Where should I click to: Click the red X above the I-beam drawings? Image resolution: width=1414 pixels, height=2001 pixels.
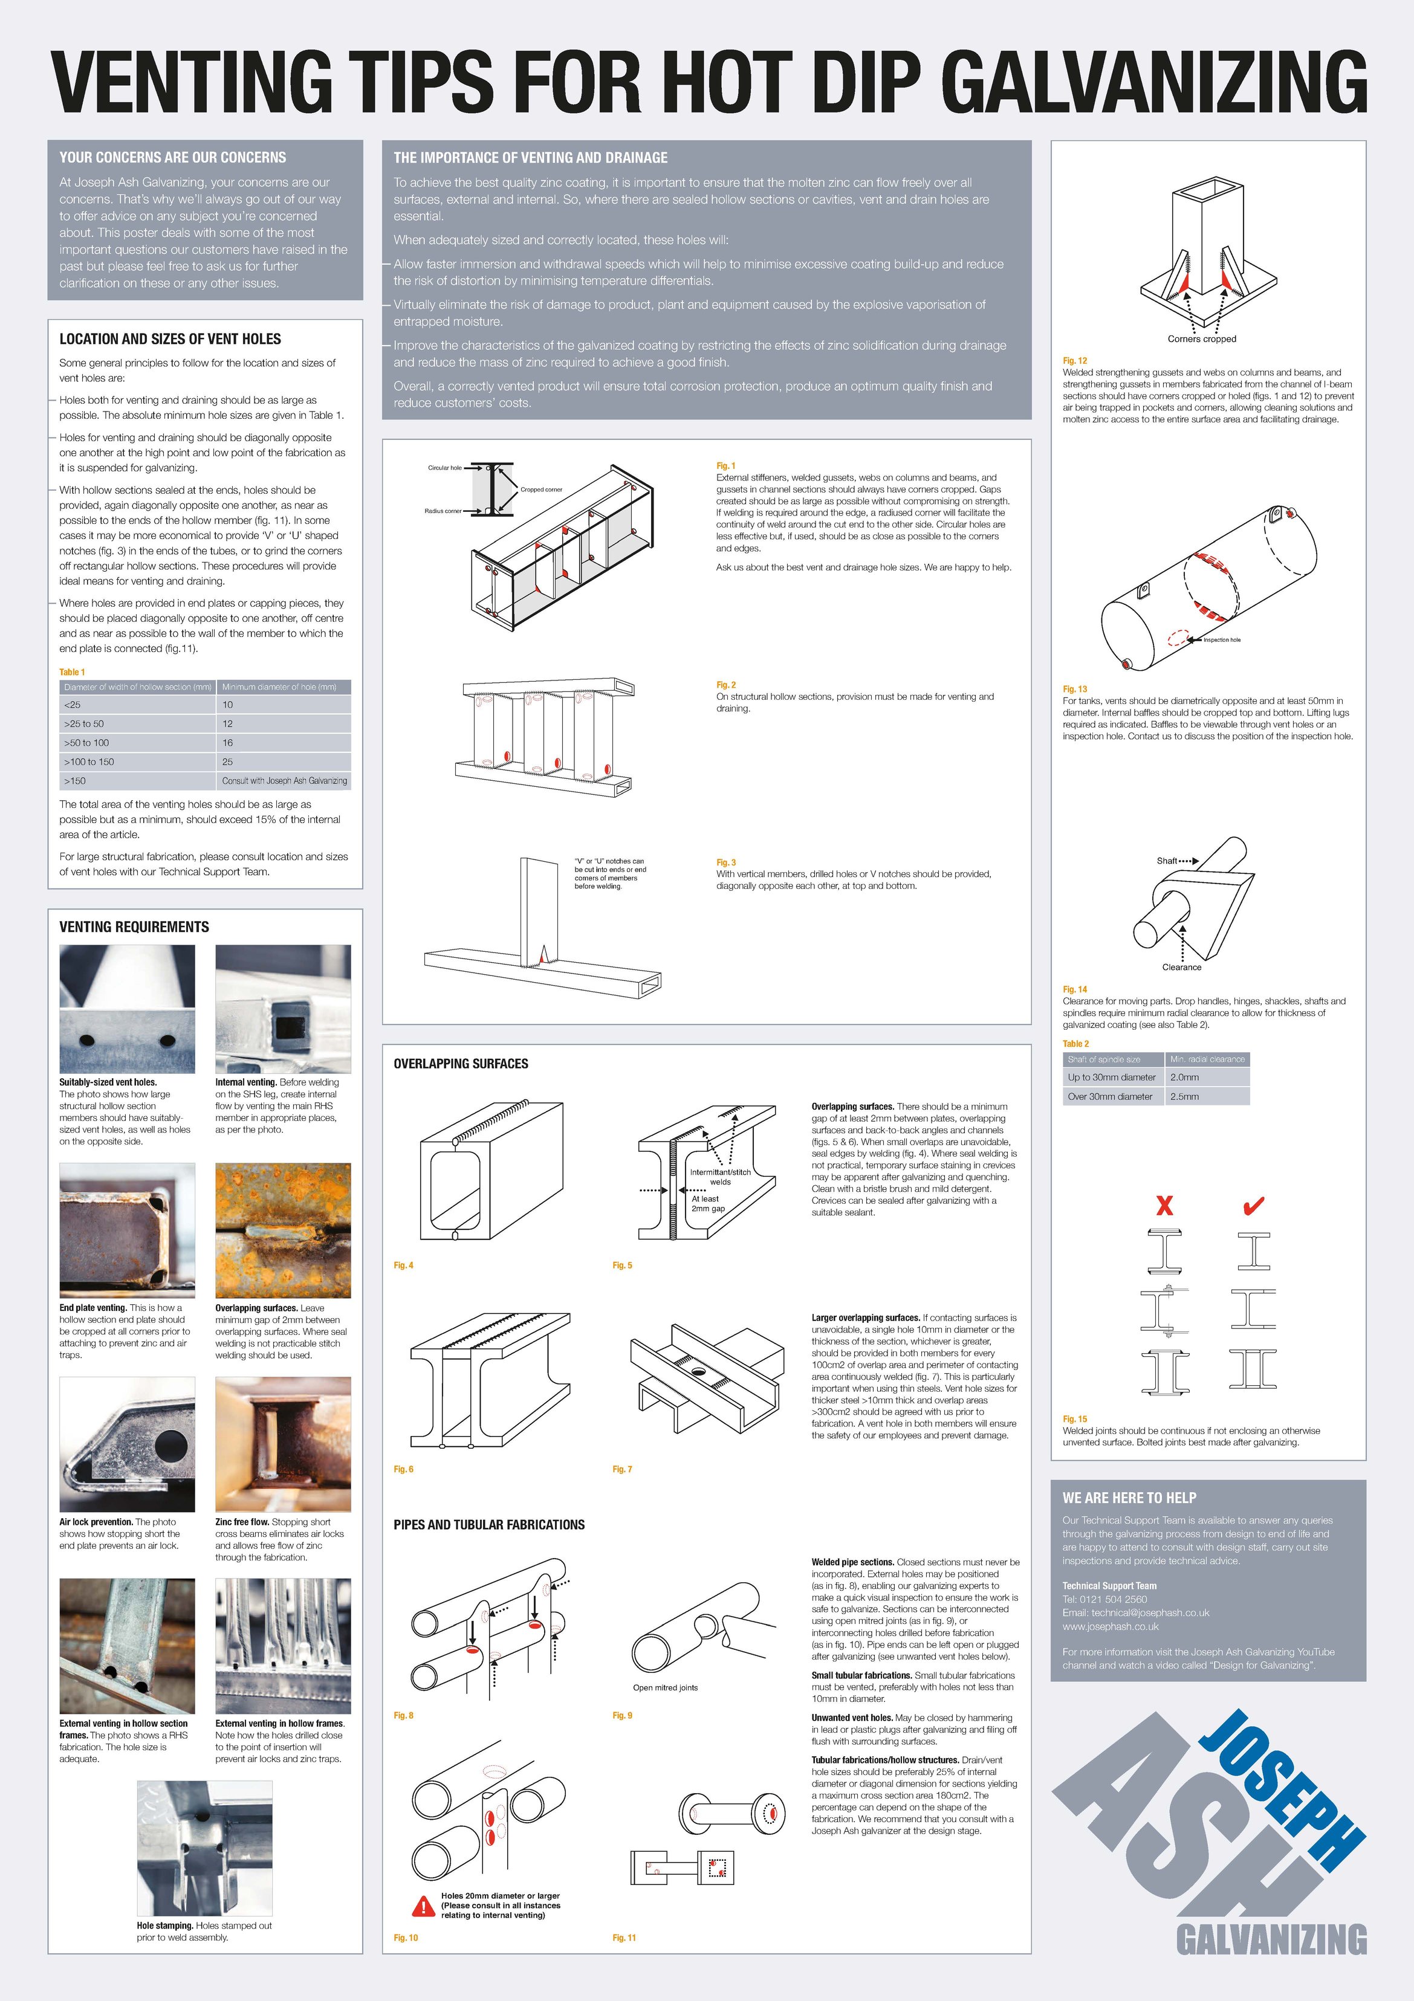(x=1164, y=1206)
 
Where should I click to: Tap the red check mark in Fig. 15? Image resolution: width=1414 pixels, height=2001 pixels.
(x=1254, y=1206)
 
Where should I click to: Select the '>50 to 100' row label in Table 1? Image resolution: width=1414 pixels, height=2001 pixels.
(x=86, y=743)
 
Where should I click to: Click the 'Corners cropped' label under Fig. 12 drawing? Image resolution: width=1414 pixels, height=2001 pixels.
(x=1201, y=339)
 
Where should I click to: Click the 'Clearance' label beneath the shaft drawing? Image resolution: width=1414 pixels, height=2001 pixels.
(x=1181, y=968)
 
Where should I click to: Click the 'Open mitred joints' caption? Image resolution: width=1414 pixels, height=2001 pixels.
(x=665, y=1687)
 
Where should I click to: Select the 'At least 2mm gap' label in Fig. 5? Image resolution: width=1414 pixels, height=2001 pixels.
(x=708, y=1204)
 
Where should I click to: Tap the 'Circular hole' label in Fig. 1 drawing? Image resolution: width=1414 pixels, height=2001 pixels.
(x=444, y=468)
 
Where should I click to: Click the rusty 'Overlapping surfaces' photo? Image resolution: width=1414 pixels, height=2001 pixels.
(x=282, y=1230)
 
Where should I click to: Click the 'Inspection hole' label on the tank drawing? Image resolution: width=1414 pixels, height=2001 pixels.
(x=1221, y=639)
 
